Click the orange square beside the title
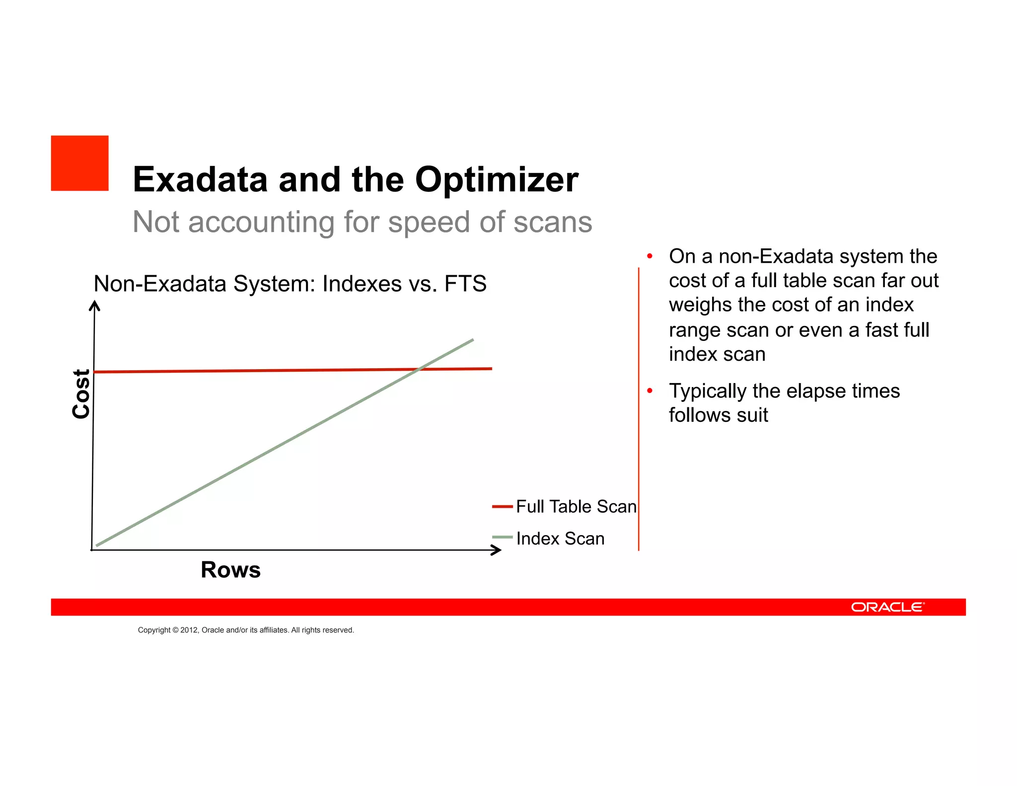pyautogui.click(x=79, y=163)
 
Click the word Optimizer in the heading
pyautogui.click(x=497, y=179)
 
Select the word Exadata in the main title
pyautogui.click(x=200, y=179)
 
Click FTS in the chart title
pyautogui.click(x=465, y=284)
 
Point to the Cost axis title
pyautogui.click(x=81, y=393)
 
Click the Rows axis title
pyautogui.click(x=230, y=569)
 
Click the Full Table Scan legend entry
pyautogui.click(x=576, y=506)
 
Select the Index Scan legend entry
pyautogui.click(x=560, y=538)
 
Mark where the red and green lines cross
pyautogui.click(x=419, y=369)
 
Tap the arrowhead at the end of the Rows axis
pyautogui.click(x=496, y=550)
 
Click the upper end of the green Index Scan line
pyautogui.click(x=472, y=340)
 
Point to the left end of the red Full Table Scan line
pyautogui.click(x=95, y=372)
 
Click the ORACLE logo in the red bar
pyautogui.click(x=887, y=607)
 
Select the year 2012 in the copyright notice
pyautogui.click(x=189, y=630)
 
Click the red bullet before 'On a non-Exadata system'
pyautogui.click(x=649, y=256)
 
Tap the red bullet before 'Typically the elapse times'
pyautogui.click(x=649, y=391)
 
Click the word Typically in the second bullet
pyautogui.click(x=708, y=391)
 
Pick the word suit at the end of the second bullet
pyautogui.click(x=752, y=415)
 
